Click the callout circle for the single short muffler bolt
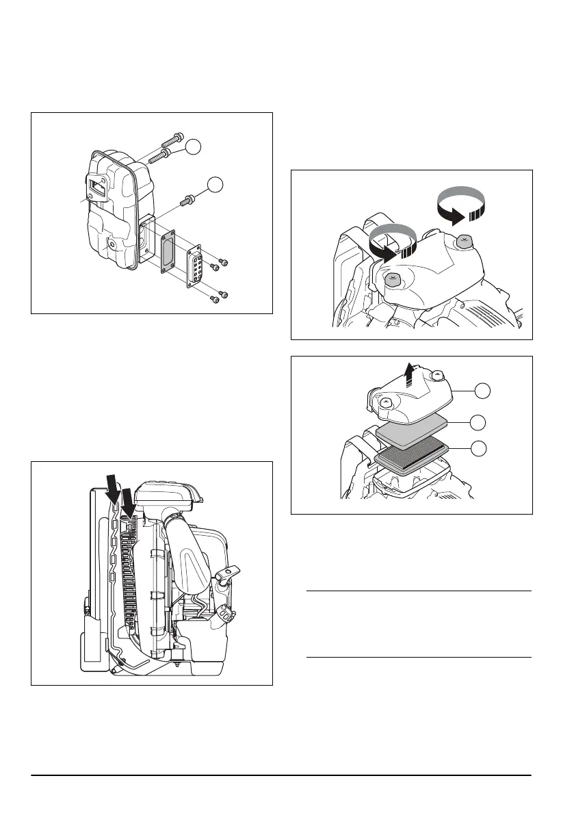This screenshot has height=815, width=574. (x=216, y=183)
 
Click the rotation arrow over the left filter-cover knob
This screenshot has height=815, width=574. (x=391, y=244)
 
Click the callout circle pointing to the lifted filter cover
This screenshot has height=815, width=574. (x=483, y=391)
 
